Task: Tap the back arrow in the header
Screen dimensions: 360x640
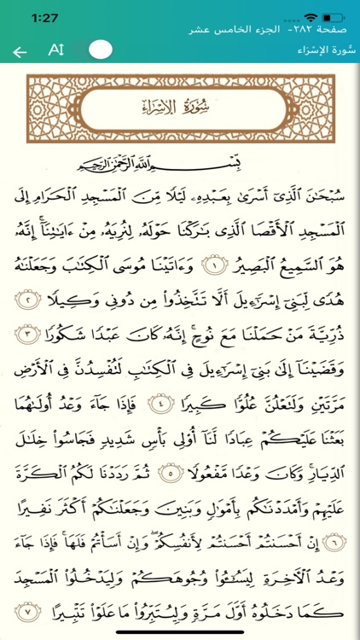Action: pyautogui.click(x=20, y=51)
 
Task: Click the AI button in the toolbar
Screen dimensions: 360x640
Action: pyautogui.click(x=56, y=49)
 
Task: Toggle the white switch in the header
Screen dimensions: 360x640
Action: pyautogui.click(x=101, y=49)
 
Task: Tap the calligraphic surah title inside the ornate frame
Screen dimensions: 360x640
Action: pyautogui.click(x=181, y=108)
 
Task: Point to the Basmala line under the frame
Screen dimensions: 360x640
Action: pyautogui.click(x=180, y=161)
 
